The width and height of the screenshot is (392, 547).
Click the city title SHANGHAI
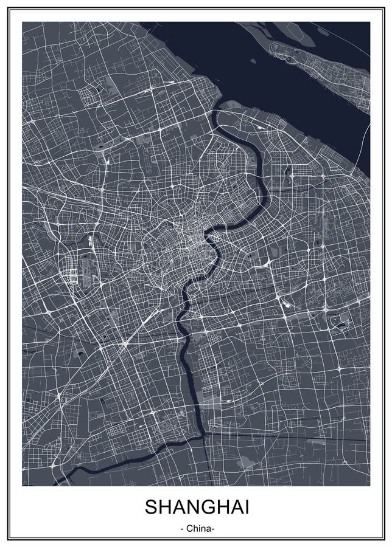[196, 507]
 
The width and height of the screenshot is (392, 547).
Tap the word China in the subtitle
[198, 528]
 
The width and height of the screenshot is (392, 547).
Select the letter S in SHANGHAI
[150, 507]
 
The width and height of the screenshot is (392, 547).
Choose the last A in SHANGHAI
[234, 507]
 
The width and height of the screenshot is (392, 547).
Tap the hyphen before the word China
[182, 528]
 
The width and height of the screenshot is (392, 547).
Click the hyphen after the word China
[213, 528]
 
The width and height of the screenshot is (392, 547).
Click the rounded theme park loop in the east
[336, 321]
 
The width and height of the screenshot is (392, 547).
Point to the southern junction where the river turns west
[201, 434]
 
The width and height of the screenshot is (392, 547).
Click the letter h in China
[195, 528]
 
